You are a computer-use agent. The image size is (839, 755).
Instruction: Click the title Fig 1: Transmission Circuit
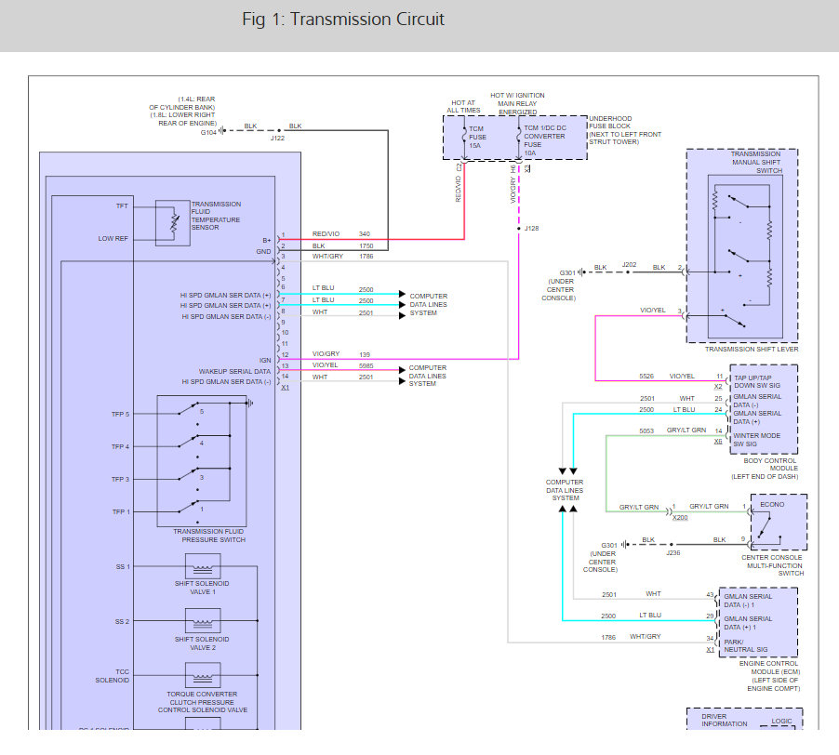343,20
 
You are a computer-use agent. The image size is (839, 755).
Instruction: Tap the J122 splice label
277,139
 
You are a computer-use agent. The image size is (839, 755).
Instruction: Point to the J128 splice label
532,228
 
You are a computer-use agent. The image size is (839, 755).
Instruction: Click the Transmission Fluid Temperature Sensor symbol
173,222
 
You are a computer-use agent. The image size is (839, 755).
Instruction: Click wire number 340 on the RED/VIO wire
365,234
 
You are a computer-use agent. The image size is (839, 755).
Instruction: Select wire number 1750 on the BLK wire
366,245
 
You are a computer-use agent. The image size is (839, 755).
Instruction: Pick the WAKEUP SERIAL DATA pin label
234,370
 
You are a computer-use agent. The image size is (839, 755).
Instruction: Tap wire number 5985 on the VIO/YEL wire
366,365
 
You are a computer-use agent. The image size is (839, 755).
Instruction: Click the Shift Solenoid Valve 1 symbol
203,565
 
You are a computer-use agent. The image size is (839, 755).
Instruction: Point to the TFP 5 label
121,414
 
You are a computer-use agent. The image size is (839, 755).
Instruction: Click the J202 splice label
630,264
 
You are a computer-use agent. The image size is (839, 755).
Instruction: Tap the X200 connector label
681,516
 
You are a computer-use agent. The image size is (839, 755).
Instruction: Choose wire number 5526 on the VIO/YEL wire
646,376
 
